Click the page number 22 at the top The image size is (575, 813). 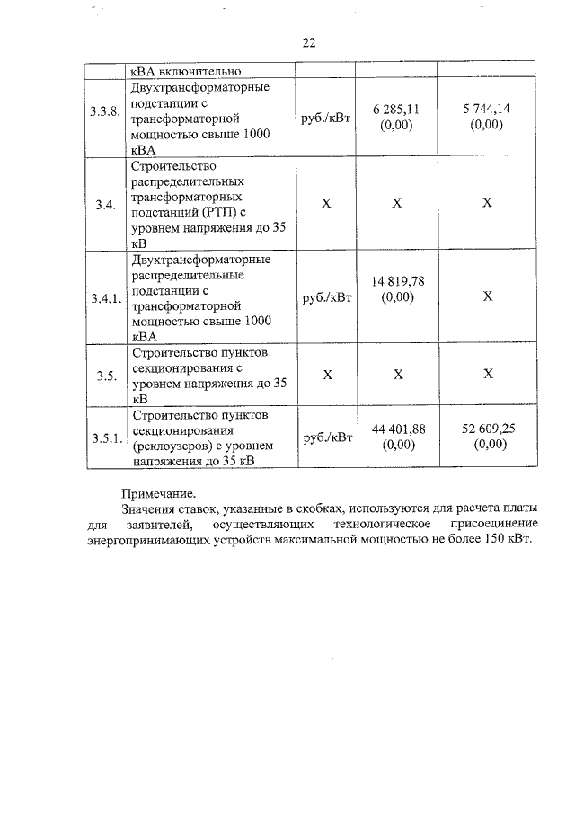[x=309, y=41]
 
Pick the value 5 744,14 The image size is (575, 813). [x=486, y=110]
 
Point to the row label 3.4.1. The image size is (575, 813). [x=104, y=297]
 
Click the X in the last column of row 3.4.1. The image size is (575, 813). [x=486, y=297]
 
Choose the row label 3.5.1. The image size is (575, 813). [x=104, y=438]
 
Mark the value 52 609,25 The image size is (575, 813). [x=486, y=429]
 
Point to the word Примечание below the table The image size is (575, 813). [x=157, y=493]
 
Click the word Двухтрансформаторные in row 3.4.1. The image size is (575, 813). [x=200, y=260]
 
